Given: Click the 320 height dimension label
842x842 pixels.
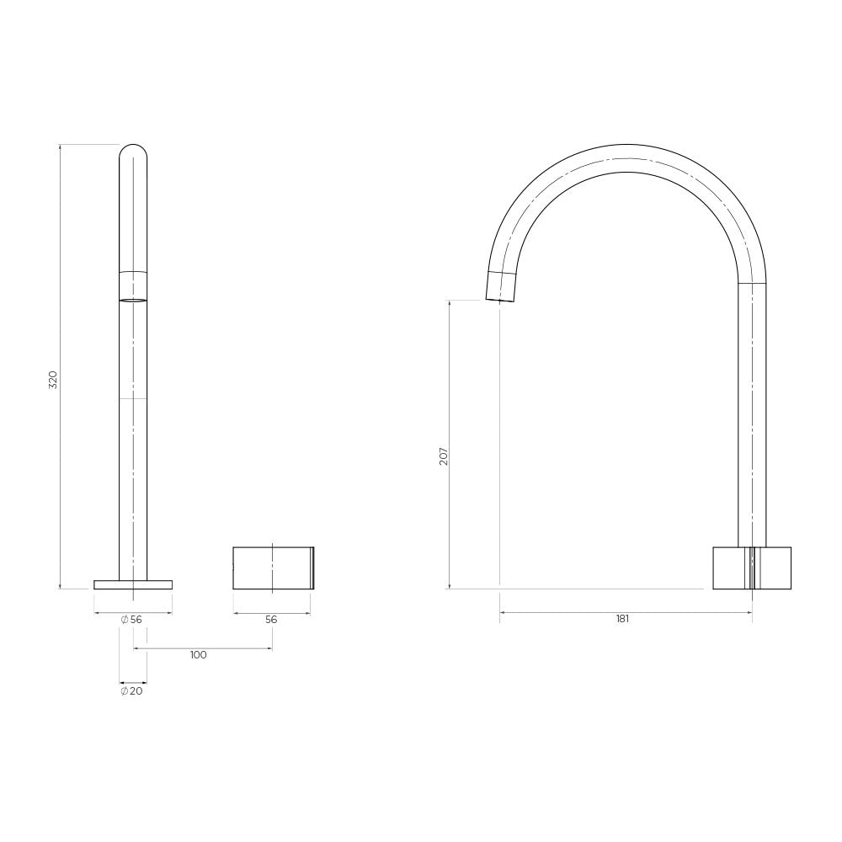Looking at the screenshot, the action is click(x=52, y=380).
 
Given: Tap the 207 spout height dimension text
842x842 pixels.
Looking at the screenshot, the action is click(x=444, y=456).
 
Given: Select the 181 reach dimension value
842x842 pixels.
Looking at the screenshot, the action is click(x=622, y=619).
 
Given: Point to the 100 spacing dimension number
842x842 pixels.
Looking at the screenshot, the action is click(x=198, y=655).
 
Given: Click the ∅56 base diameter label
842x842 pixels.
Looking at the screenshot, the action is click(x=131, y=619).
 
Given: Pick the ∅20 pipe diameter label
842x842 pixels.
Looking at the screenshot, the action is click(x=131, y=691).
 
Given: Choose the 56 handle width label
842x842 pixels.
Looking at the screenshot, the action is click(x=271, y=619).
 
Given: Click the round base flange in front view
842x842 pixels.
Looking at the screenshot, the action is click(x=133, y=585).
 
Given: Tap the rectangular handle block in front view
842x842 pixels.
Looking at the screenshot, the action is click(x=273, y=568).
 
